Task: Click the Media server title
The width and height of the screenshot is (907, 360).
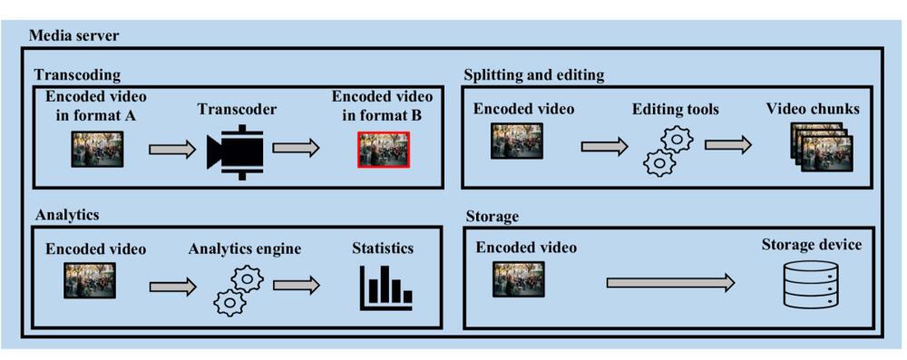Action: [x=73, y=36]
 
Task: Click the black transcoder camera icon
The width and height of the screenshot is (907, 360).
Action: [x=236, y=149]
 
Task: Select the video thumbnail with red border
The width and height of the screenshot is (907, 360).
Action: [x=384, y=150]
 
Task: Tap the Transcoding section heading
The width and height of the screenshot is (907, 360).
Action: [x=77, y=74]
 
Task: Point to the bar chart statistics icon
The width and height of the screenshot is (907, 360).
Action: [x=385, y=287]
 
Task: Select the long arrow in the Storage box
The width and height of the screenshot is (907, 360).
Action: [x=670, y=282]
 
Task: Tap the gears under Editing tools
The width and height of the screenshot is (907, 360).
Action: [x=665, y=151]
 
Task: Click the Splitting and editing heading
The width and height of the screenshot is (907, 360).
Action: [x=534, y=74]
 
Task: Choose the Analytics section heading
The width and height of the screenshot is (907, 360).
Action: [x=66, y=214]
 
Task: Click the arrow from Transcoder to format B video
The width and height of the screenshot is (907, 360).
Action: [x=296, y=148]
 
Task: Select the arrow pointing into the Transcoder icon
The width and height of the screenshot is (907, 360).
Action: [x=173, y=150]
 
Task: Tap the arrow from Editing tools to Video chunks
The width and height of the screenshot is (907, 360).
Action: [x=728, y=146]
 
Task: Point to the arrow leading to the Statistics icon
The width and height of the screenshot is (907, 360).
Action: [x=297, y=285]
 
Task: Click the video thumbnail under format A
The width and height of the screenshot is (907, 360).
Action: [x=97, y=150]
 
